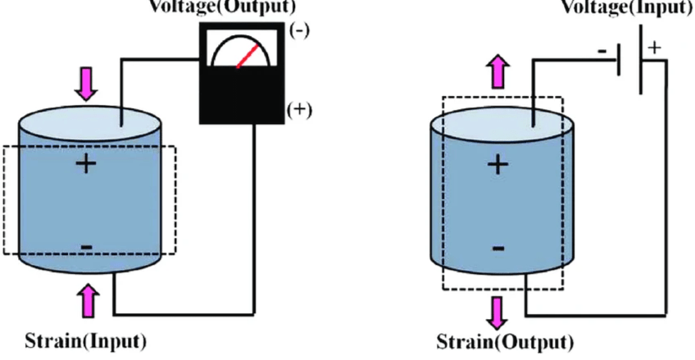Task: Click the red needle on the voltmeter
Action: [245, 57]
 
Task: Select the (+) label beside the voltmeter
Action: [302, 111]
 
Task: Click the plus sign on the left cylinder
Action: [85, 164]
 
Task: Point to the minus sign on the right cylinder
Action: [497, 247]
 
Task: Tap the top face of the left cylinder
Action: [85, 121]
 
